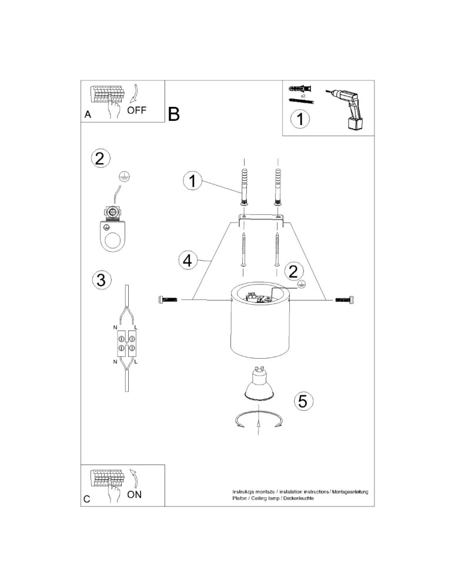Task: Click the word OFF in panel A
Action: tap(137, 110)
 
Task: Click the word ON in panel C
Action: tap(135, 494)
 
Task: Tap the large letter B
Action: tap(173, 114)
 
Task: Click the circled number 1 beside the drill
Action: tap(300, 119)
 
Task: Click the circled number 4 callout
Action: tap(187, 259)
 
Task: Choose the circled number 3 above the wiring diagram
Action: tap(102, 280)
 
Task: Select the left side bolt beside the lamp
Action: tap(168, 300)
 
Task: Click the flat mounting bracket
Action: tap(260, 218)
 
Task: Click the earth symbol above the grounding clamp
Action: tap(123, 174)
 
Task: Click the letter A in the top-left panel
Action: tap(88, 115)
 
